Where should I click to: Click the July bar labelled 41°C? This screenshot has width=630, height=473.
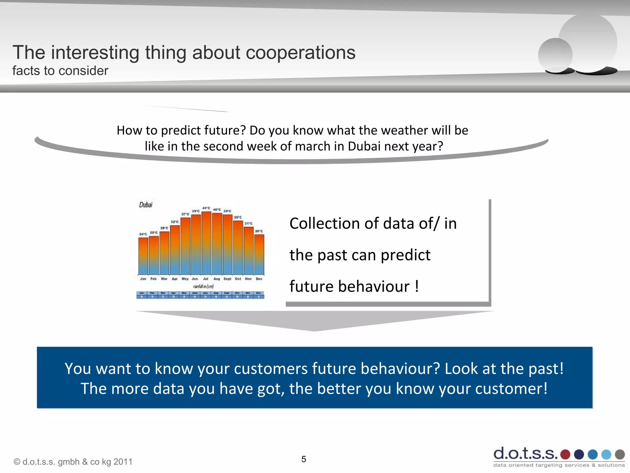click(x=206, y=243)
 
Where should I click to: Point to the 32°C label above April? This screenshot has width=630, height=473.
click(x=174, y=222)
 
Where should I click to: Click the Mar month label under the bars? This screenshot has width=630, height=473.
click(x=164, y=279)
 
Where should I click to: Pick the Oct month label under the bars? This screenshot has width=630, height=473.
click(x=238, y=279)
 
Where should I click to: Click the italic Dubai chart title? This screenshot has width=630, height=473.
click(x=146, y=205)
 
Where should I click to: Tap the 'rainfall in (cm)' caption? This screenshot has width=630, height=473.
click(x=203, y=286)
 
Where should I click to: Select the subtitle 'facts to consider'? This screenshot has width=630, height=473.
click(x=60, y=71)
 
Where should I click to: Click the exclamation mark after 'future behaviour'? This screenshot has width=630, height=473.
click(x=417, y=286)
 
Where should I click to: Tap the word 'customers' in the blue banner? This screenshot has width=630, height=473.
click(x=270, y=369)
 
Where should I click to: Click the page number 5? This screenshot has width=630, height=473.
click(x=304, y=459)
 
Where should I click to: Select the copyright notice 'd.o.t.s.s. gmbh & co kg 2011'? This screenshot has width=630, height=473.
click(x=73, y=462)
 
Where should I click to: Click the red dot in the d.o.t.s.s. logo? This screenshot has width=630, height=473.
click(x=565, y=454)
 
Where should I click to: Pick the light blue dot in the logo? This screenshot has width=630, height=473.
click(x=606, y=454)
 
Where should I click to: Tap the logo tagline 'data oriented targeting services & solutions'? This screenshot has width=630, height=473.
click(x=559, y=465)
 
